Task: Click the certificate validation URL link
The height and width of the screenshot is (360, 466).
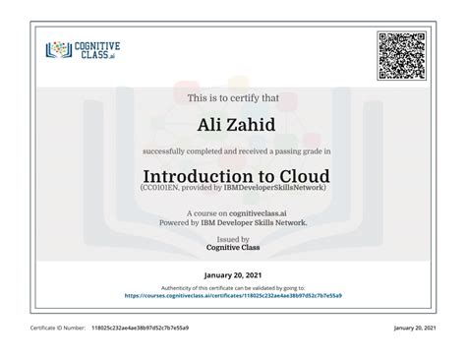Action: point(232,293)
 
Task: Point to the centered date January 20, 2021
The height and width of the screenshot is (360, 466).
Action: point(232,273)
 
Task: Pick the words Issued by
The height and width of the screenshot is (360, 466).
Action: point(232,238)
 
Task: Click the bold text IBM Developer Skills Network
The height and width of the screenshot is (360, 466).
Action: point(255,222)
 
